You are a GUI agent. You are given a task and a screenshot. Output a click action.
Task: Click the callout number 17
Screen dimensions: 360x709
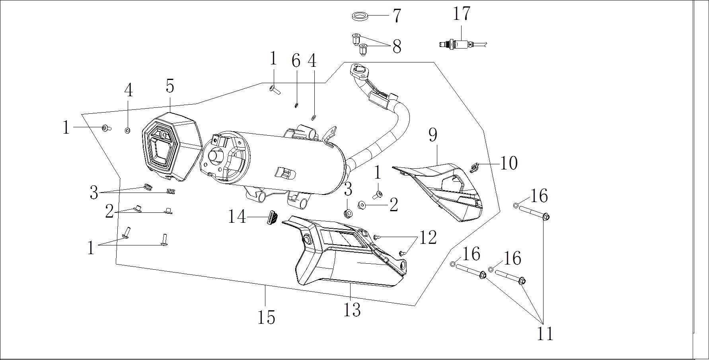coord(462,14)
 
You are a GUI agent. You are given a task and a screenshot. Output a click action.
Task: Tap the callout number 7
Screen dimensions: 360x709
coord(397,16)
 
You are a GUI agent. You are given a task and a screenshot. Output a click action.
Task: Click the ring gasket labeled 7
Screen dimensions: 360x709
coord(360,16)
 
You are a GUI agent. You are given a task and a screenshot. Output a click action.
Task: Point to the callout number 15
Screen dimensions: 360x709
coord(266,317)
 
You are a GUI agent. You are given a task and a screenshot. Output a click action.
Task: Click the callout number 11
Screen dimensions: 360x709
coord(545,333)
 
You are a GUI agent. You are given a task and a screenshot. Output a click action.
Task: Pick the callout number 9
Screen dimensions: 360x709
coord(433,135)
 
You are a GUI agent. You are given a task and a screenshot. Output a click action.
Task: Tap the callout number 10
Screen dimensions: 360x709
coord(508,163)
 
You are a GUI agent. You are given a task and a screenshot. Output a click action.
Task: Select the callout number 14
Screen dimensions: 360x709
coord(237,217)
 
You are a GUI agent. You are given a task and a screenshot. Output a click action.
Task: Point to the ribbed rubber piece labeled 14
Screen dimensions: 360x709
coord(272,218)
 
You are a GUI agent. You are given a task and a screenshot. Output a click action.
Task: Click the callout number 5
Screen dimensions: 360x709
coord(170,86)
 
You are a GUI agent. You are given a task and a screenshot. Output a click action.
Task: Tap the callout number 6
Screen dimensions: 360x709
coord(295,61)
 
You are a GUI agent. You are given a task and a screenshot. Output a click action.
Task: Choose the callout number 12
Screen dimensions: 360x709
coord(428,238)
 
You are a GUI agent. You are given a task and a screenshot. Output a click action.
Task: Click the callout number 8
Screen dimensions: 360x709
coord(397,47)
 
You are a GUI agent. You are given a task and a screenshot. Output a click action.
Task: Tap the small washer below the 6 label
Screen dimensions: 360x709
coord(296,105)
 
